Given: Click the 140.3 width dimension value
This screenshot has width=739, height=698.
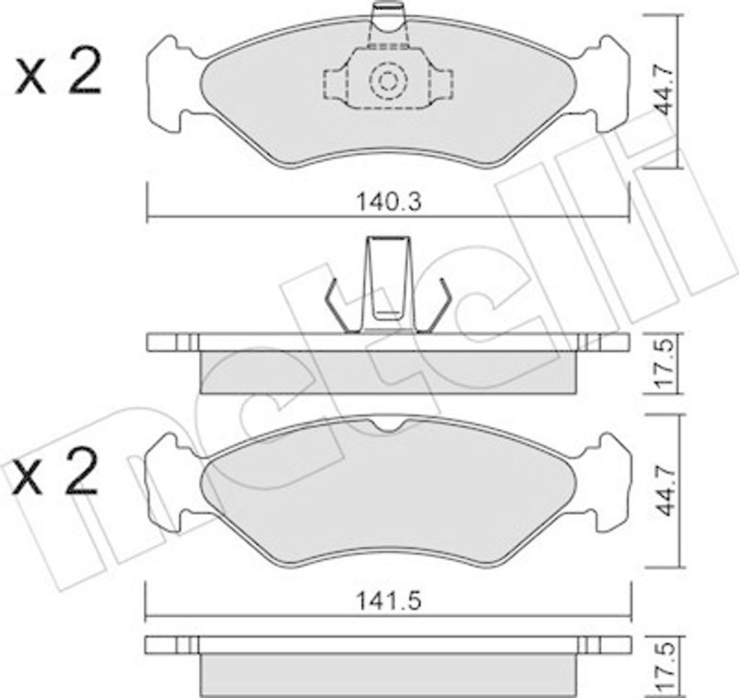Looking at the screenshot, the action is [388, 202].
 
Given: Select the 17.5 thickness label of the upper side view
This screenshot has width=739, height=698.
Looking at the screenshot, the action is [666, 363].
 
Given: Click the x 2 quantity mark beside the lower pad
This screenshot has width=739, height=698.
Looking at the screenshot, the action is [56, 470].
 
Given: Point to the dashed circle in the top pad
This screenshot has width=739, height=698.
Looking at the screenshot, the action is [388, 81].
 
